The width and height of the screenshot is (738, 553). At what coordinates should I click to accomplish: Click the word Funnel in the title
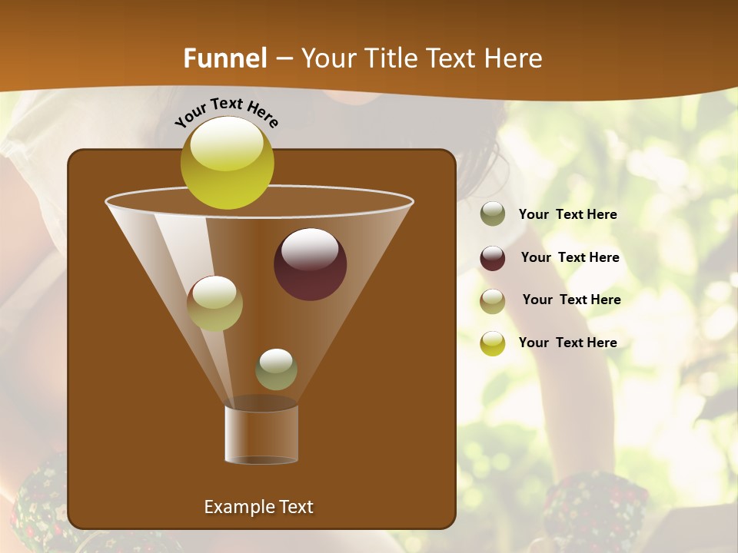[x=224, y=58]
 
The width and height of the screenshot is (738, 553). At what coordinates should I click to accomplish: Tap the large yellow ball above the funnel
[x=227, y=163]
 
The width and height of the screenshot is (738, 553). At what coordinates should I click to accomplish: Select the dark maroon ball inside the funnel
[x=310, y=264]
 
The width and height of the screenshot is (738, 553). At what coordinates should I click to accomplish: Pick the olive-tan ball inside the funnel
[x=214, y=303]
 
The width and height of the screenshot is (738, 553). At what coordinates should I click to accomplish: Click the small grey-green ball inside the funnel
[x=276, y=369]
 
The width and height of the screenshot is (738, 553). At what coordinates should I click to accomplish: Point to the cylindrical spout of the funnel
[x=261, y=434]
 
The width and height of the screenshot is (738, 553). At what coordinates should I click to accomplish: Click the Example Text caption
[x=258, y=507]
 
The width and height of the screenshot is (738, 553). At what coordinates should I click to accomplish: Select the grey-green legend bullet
[x=493, y=214]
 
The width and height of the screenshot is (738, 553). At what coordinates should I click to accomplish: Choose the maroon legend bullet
[x=493, y=258]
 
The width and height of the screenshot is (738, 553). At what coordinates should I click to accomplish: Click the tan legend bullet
[x=493, y=301]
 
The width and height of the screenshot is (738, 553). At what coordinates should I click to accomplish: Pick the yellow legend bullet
[x=493, y=343]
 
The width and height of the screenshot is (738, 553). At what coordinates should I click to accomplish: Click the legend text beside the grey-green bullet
[x=567, y=215]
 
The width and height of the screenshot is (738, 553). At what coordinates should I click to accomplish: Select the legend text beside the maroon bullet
[x=570, y=258]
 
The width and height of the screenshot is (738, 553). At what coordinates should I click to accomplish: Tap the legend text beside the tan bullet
[x=571, y=300]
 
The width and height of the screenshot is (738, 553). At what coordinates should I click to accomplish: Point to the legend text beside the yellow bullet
[x=567, y=343]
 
